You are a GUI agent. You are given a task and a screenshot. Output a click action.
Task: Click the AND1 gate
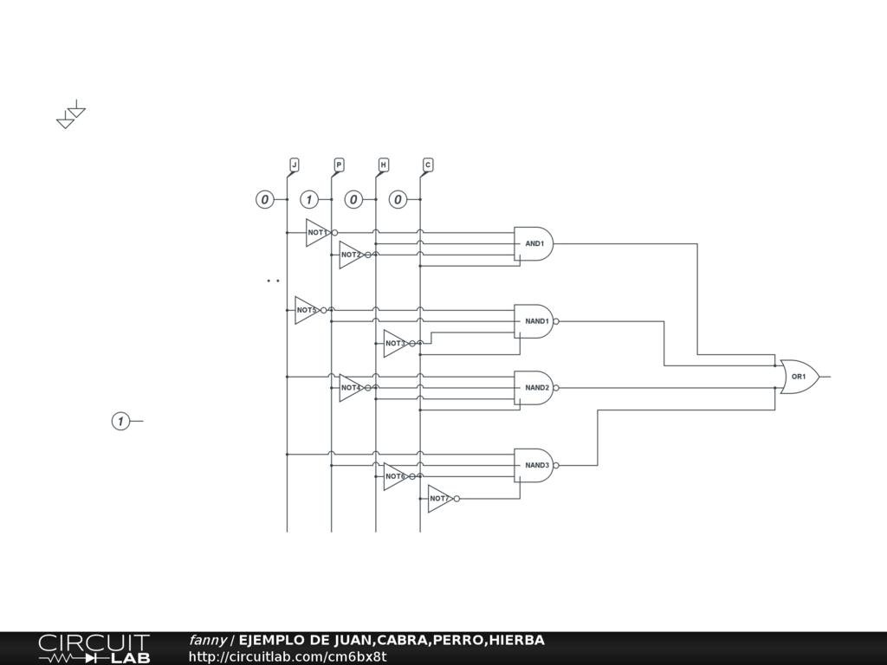[533, 244]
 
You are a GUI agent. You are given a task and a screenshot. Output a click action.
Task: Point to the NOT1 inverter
[317, 233]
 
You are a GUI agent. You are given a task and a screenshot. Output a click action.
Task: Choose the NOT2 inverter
[350, 255]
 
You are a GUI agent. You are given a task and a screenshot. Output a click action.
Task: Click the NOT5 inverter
[307, 310]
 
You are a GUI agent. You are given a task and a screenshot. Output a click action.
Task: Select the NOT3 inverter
[395, 344]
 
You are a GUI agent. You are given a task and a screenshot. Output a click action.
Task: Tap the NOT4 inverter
[350, 388]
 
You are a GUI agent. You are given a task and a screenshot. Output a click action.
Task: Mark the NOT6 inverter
[395, 476]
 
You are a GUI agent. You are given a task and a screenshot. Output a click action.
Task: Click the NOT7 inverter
[439, 499]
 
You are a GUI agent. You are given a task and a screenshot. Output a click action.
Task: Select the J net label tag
[294, 165]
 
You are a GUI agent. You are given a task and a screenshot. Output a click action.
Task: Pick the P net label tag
[339, 165]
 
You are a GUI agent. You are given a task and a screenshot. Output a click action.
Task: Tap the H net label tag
[383, 165]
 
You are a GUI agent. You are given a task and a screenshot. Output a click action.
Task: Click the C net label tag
[428, 165]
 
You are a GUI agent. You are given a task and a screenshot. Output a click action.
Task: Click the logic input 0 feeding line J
[264, 200]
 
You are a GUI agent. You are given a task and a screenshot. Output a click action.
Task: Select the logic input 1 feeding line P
[308, 200]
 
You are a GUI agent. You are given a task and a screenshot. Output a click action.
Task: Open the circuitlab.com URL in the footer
[287, 656]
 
